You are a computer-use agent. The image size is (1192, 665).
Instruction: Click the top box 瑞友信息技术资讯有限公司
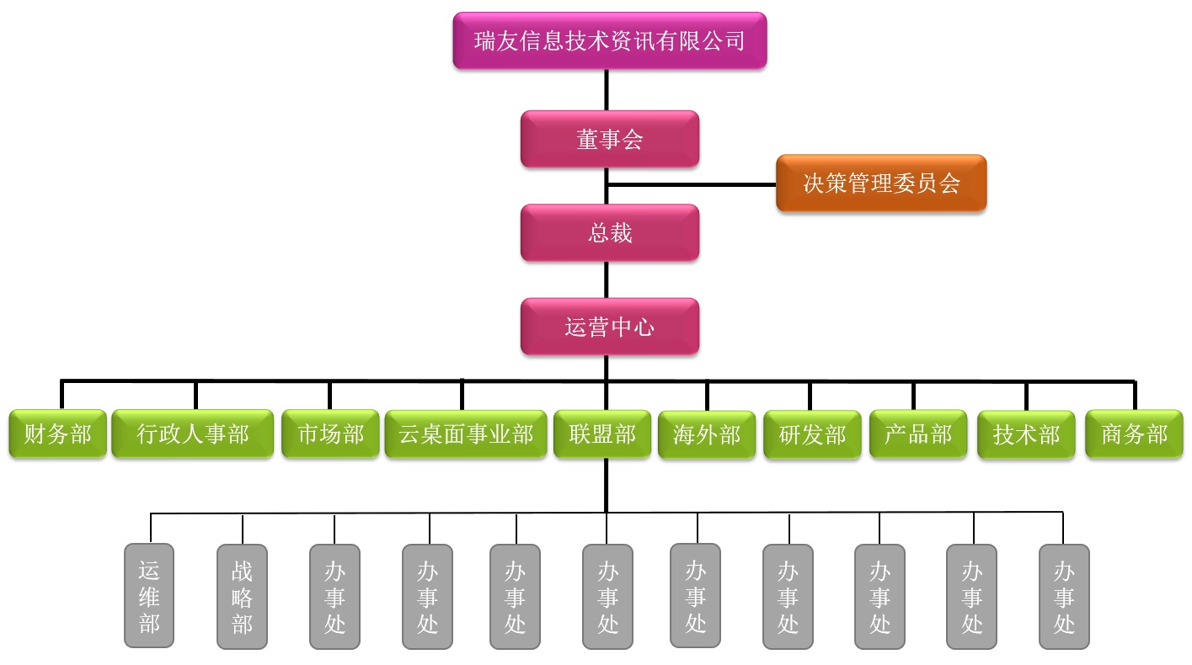pyautogui.click(x=609, y=40)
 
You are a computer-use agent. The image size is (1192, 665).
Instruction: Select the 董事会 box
pyautogui.click(x=609, y=139)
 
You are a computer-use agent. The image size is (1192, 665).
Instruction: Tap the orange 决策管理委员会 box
pyautogui.click(x=880, y=183)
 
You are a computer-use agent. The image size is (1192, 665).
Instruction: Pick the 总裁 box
pyautogui.click(x=609, y=232)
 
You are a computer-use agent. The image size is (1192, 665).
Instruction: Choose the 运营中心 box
pyautogui.click(x=609, y=327)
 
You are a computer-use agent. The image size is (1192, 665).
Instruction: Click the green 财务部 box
pyautogui.click(x=58, y=434)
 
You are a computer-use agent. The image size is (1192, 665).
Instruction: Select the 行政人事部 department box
pyautogui.click(x=193, y=434)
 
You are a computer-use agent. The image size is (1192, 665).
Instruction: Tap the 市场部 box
pyautogui.click(x=330, y=434)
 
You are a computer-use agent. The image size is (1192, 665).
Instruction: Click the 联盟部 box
pyautogui.click(x=602, y=434)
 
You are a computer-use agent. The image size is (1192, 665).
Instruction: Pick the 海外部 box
pyautogui.click(x=707, y=435)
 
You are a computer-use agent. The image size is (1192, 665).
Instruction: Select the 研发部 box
pyautogui.click(x=812, y=435)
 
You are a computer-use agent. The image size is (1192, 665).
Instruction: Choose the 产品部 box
pyautogui.click(x=917, y=434)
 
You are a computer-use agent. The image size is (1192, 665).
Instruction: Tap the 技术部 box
pyautogui.click(x=1026, y=435)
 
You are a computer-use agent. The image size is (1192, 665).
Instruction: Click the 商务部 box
pyautogui.click(x=1134, y=434)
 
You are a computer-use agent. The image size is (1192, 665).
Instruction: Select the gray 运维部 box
pyautogui.click(x=149, y=596)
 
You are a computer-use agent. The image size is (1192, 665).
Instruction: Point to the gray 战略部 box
pyautogui.click(x=242, y=596)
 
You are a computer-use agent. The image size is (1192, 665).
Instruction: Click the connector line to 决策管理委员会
pyautogui.click(x=691, y=184)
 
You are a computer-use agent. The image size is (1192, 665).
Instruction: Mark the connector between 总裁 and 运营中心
pyautogui.click(x=606, y=279)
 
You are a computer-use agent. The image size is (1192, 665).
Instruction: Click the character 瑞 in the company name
pyautogui.click(x=484, y=40)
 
